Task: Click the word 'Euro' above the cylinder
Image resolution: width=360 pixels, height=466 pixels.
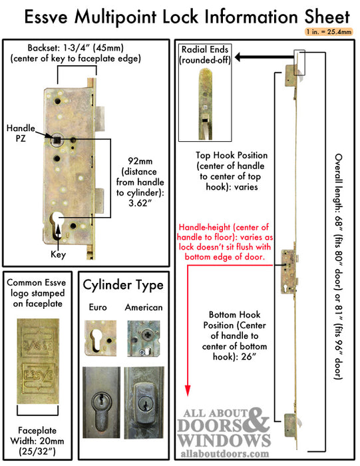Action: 97,308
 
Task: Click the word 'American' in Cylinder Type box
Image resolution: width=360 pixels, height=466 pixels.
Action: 143,308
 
